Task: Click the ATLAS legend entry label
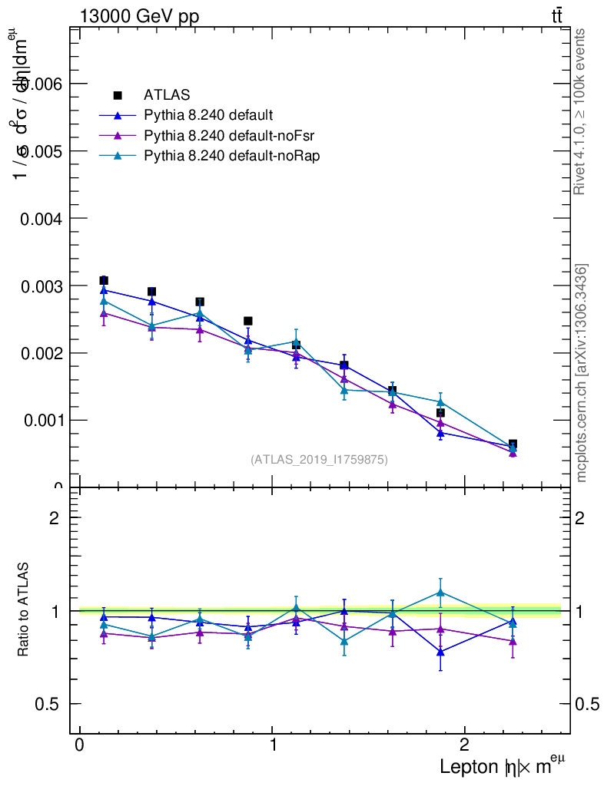(167, 95)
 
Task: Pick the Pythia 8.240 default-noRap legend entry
(231, 156)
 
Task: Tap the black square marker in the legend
(118, 95)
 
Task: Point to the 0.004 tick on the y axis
(43, 218)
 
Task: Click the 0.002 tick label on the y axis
(43, 353)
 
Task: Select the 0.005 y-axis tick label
(43, 151)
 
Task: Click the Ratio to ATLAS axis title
(24, 610)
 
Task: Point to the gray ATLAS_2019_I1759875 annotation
(319, 460)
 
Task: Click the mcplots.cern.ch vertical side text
(582, 373)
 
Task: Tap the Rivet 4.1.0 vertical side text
(582, 112)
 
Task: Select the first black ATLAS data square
(104, 280)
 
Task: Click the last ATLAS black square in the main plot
(513, 444)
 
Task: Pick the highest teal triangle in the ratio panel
(440, 593)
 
